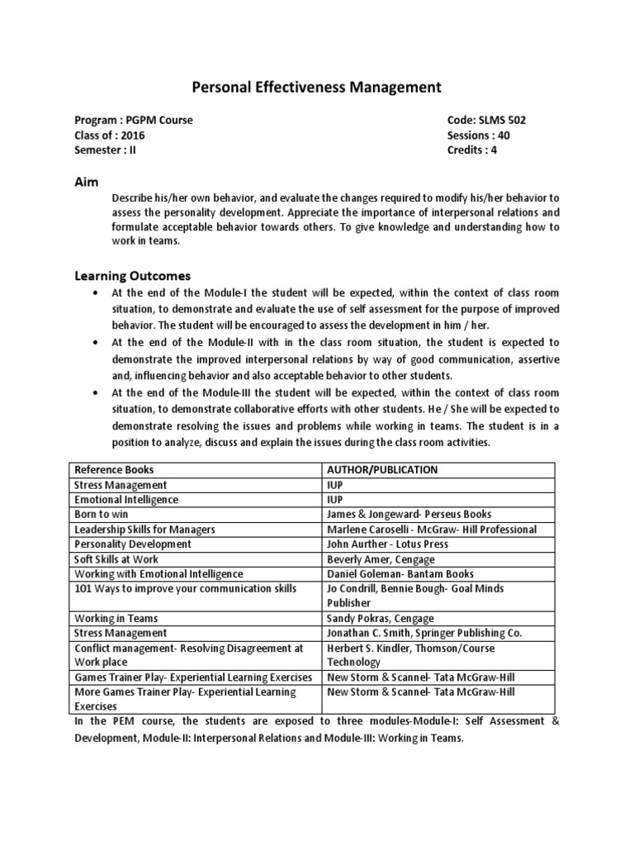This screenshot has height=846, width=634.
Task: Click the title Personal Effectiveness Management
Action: pyautogui.click(x=317, y=88)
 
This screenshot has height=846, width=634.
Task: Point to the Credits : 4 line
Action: pyautogui.click(x=472, y=150)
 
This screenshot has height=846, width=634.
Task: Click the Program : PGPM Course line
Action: pyautogui.click(x=134, y=121)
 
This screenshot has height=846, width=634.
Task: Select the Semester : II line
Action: pyautogui.click(x=105, y=150)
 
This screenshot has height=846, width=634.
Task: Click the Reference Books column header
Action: pyautogui.click(x=115, y=470)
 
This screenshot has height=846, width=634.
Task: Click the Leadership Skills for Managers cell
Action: pyautogui.click(x=145, y=530)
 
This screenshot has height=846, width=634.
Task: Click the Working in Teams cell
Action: pyautogui.click(x=116, y=619)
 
